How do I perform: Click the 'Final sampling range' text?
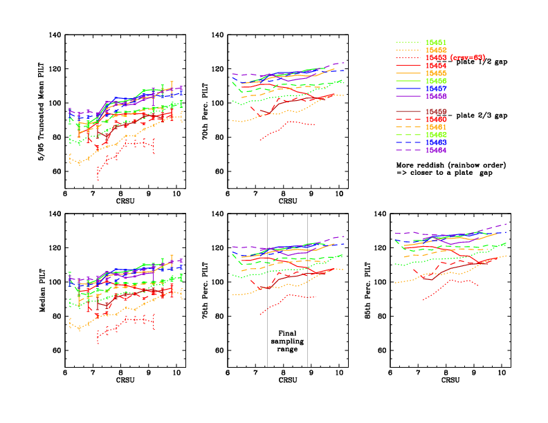coord(287,341)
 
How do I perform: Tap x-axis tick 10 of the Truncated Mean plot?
coord(176,195)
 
